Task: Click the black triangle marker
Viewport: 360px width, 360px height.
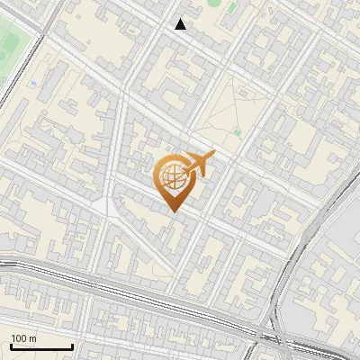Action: tap(181, 24)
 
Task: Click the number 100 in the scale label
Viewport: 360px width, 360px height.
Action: tap(20, 338)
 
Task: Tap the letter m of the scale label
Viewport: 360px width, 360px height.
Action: tap(33, 338)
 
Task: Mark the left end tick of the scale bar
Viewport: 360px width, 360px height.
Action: tap(11, 346)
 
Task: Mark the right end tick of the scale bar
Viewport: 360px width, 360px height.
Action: tap(73, 346)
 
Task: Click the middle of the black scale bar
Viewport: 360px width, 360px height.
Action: tap(41, 347)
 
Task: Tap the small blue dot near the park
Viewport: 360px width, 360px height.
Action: tap(33, 84)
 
